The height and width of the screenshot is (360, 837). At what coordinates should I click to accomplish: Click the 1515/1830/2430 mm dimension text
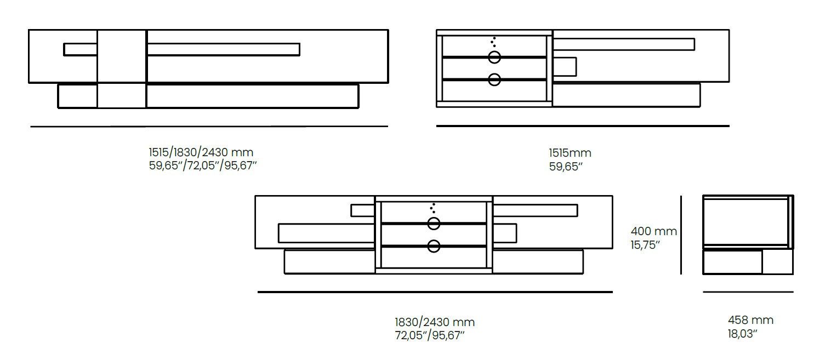pyautogui.click(x=201, y=152)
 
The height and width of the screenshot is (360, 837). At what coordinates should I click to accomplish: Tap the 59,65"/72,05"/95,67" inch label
pyautogui.click(x=203, y=165)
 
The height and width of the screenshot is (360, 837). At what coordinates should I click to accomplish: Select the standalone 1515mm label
pyautogui.click(x=570, y=153)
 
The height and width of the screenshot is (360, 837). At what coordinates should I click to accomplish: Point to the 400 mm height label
pyautogui.click(x=653, y=231)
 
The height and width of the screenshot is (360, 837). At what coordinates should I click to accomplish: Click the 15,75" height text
pyautogui.click(x=645, y=245)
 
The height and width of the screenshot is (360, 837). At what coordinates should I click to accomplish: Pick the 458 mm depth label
pyautogui.click(x=750, y=320)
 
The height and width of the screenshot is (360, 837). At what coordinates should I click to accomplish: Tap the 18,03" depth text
pyautogui.click(x=743, y=334)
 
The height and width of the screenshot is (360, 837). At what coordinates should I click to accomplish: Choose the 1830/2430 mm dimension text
pyautogui.click(x=435, y=322)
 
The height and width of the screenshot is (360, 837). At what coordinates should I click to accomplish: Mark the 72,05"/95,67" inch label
pyautogui.click(x=430, y=335)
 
